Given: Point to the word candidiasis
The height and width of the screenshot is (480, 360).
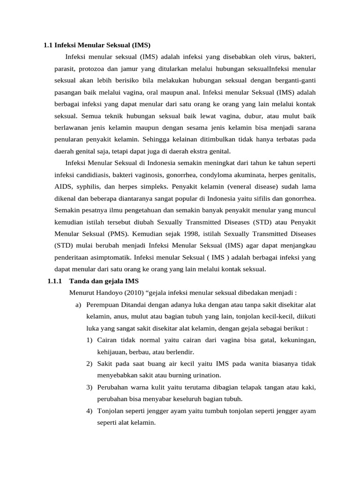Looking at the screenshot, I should [92, 175].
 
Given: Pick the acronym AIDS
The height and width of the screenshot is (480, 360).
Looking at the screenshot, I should [63, 187].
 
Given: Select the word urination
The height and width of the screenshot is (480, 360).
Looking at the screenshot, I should [207, 375].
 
